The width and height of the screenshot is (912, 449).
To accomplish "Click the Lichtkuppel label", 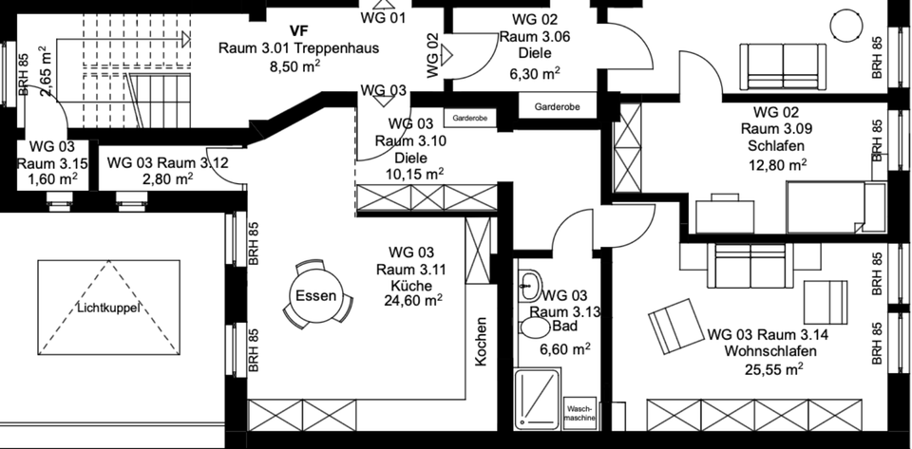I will [108, 308].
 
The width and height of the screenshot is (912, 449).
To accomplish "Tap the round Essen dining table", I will [315, 296].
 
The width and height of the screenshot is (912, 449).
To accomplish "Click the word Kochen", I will [482, 342].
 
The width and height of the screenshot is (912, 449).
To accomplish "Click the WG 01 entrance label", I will [384, 17].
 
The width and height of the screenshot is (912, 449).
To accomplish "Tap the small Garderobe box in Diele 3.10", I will [470, 119].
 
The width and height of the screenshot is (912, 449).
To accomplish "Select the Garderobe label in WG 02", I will [558, 107].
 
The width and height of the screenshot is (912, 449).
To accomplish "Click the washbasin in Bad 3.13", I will [531, 283].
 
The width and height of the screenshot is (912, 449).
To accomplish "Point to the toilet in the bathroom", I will [533, 329].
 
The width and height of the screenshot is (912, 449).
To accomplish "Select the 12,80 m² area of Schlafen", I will [776, 163].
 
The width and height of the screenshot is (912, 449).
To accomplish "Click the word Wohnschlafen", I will [757, 351].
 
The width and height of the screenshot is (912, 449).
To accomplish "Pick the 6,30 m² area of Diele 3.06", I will [535, 71].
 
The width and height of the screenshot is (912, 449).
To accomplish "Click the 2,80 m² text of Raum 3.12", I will [168, 178].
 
